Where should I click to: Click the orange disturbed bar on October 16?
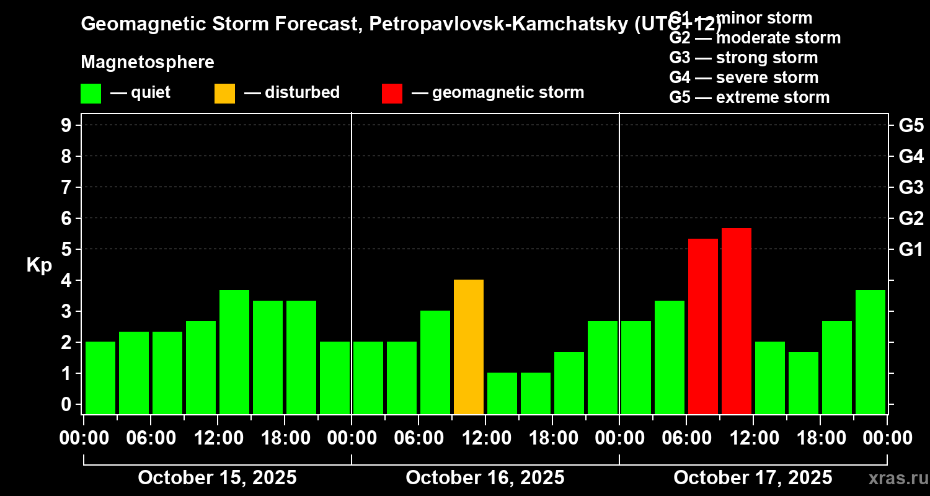click(469, 347)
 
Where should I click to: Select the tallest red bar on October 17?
click(737, 321)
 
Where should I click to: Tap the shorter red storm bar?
click(703, 326)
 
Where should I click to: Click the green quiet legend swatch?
click(91, 93)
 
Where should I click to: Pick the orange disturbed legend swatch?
click(224, 93)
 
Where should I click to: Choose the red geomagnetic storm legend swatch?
click(392, 93)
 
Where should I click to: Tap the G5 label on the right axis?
click(911, 125)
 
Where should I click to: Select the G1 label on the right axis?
click(911, 249)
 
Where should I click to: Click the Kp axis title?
click(39, 265)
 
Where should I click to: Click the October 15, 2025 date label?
click(217, 478)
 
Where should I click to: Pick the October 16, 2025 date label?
click(485, 478)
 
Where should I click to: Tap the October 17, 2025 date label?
click(753, 478)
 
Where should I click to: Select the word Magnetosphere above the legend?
click(148, 63)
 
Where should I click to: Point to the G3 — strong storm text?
click(743, 58)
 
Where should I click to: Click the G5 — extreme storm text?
click(749, 97)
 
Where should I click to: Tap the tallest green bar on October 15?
click(234, 352)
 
